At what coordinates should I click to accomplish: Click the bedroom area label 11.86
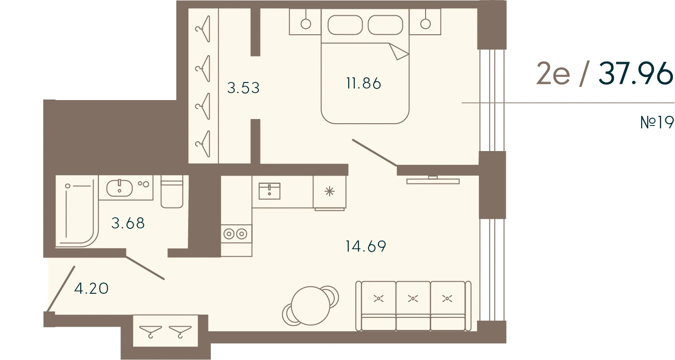(363, 83)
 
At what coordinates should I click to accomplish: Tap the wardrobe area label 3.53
(243, 88)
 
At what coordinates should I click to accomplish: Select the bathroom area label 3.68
(128, 223)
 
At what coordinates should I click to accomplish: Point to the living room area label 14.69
(365, 246)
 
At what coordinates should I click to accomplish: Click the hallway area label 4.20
(91, 288)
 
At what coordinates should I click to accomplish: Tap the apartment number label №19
(657, 122)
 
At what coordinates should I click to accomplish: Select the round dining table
(311, 305)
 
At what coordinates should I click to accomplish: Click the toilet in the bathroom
(172, 192)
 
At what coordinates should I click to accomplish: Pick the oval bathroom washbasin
(119, 188)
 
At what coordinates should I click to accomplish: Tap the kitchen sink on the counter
(269, 191)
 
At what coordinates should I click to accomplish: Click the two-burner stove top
(236, 234)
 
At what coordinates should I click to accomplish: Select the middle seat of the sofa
(413, 305)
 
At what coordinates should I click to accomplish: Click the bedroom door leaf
(375, 153)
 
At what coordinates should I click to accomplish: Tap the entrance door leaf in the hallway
(61, 289)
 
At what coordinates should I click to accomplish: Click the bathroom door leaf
(145, 268)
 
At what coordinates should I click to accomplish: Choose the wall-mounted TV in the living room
(433, 181)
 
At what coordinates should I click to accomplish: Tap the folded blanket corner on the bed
(398, 51)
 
